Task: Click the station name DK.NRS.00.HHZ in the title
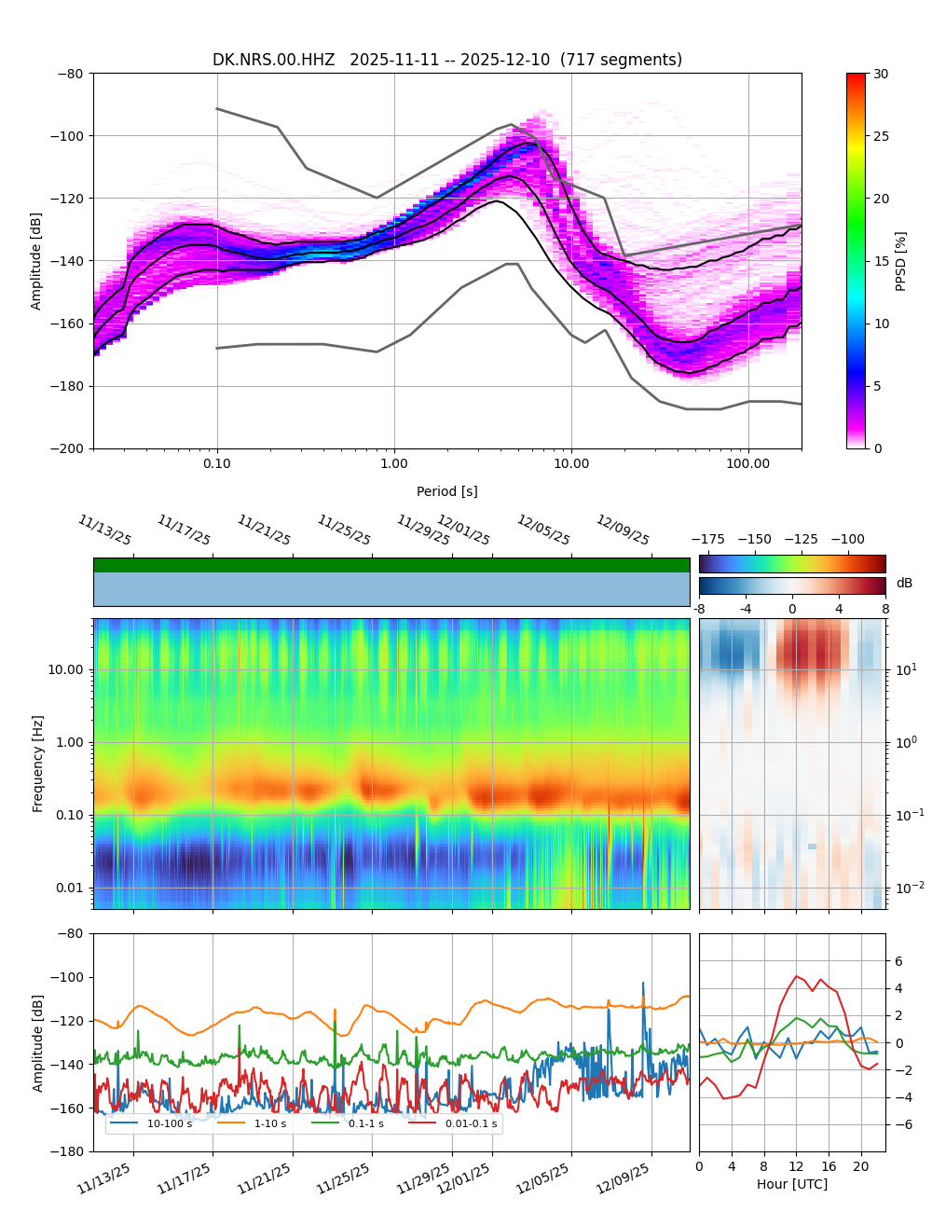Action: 273,61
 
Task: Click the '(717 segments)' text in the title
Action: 621,61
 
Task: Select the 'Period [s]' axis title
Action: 447,491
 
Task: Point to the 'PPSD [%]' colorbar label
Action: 901,261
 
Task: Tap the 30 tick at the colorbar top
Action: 881,74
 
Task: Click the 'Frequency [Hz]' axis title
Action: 38,764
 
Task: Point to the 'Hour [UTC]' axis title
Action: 792,1184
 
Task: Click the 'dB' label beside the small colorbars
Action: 904,584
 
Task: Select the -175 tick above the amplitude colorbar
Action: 712,539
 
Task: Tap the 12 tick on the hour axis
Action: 796,1166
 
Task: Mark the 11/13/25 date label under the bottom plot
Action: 104,1175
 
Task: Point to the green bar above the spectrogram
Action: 391,565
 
